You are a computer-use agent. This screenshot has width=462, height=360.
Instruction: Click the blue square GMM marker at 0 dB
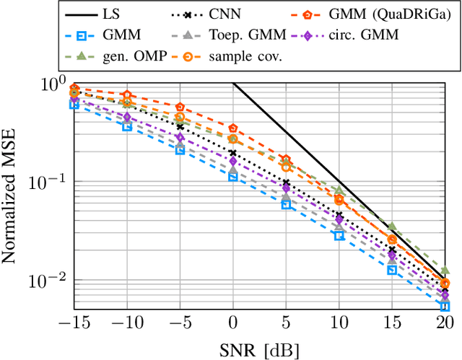click(x=233, y=176)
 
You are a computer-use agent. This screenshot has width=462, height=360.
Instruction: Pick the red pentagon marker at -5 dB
click(x=180, y=107)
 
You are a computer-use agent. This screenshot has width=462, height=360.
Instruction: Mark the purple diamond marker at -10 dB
click(x=127, y=117)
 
